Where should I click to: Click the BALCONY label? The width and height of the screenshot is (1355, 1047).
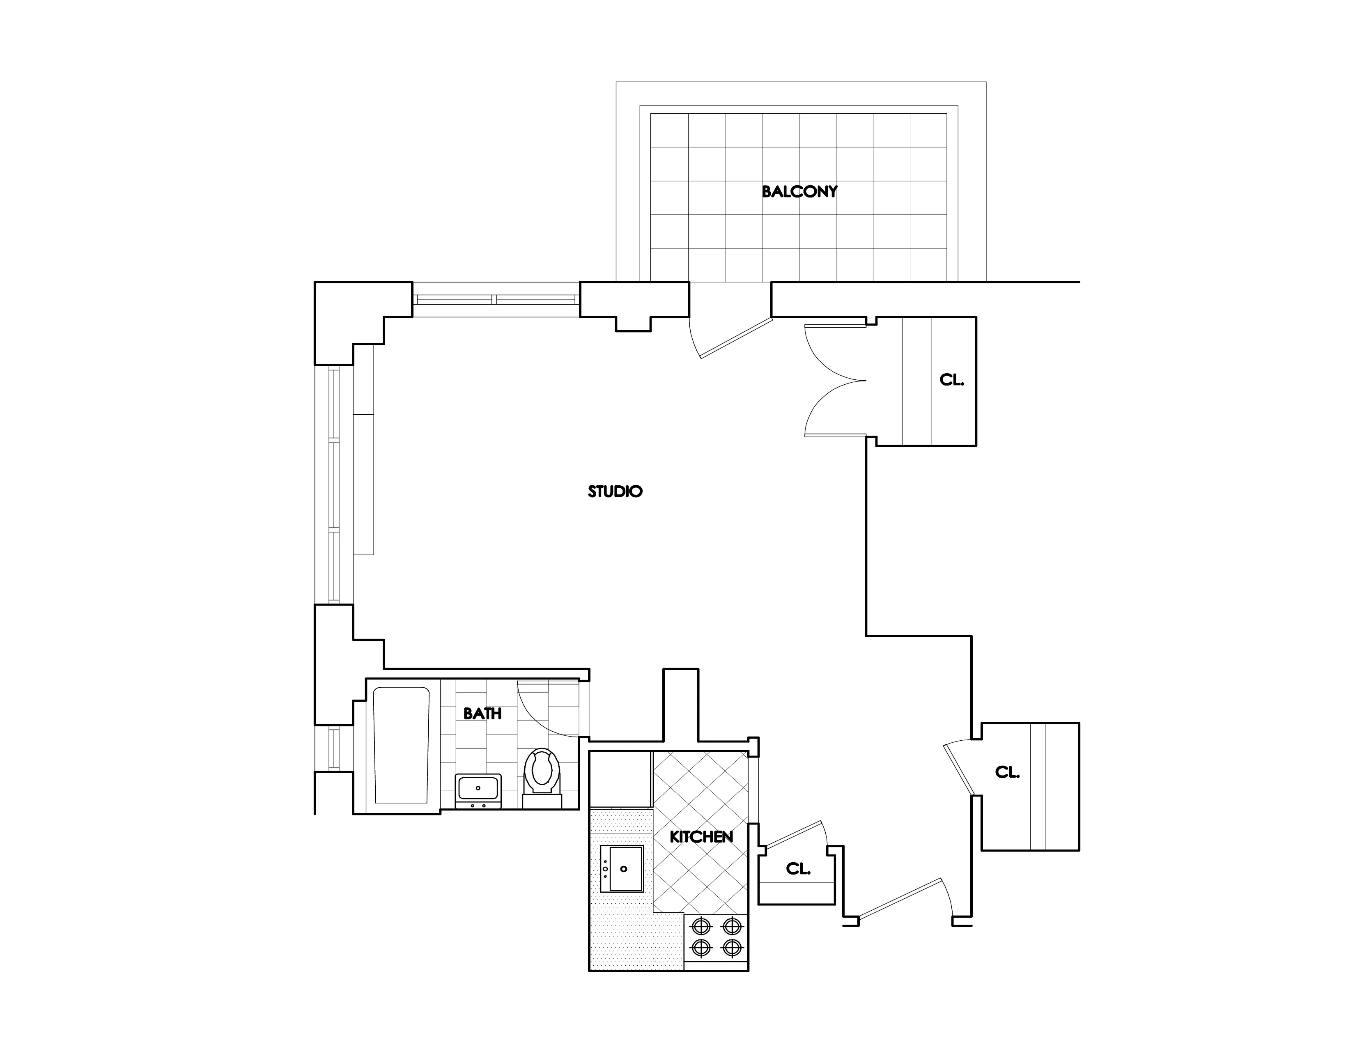[x=799, y=192]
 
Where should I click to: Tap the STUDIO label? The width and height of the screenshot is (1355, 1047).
[x=615, y=491]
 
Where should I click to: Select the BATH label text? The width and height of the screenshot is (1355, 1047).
[x=482, y=714]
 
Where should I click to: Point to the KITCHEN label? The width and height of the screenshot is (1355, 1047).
[x=701, y=837]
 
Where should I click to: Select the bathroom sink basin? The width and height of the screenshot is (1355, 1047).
[x=478, y=788]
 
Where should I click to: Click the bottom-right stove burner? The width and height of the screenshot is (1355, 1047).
[x=733, y=948]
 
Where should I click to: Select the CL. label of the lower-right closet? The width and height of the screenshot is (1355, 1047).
[x=1007, y=772]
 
